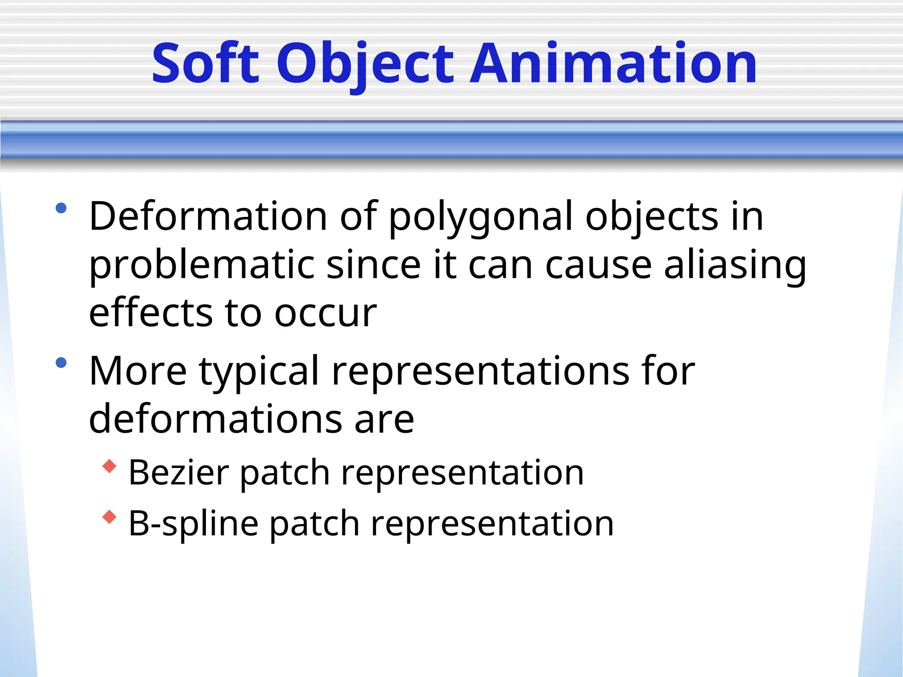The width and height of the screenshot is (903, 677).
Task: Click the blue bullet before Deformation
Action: (x=61, y=208)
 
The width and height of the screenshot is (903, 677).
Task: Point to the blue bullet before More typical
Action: (x=61, y=363)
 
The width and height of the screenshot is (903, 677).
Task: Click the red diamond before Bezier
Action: (x=109, y=466)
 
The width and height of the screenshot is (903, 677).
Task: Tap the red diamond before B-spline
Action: (x=109, y=517)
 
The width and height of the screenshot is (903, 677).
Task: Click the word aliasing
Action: (x=735, y=266)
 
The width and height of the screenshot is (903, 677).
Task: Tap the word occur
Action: (x=325, y=314)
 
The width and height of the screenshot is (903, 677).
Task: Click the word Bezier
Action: (x=179, y=472)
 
